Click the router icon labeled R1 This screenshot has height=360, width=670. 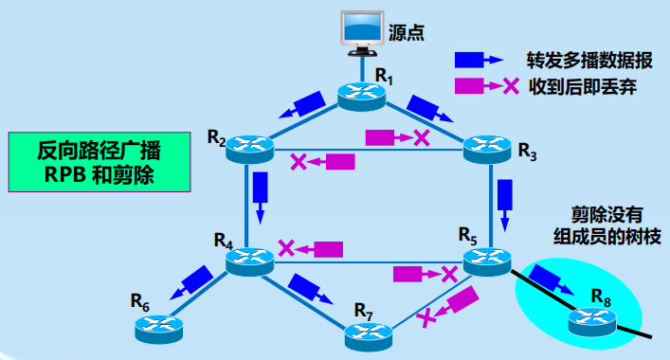pyautogui.click(x=363, y=94)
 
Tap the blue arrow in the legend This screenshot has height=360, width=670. pyautogui.click(x=478, y=59)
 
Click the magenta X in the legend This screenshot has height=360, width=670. pyautogui.click(x=510, y=86)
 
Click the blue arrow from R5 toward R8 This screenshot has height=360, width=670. pyautogui.click(x=549, y=279)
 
